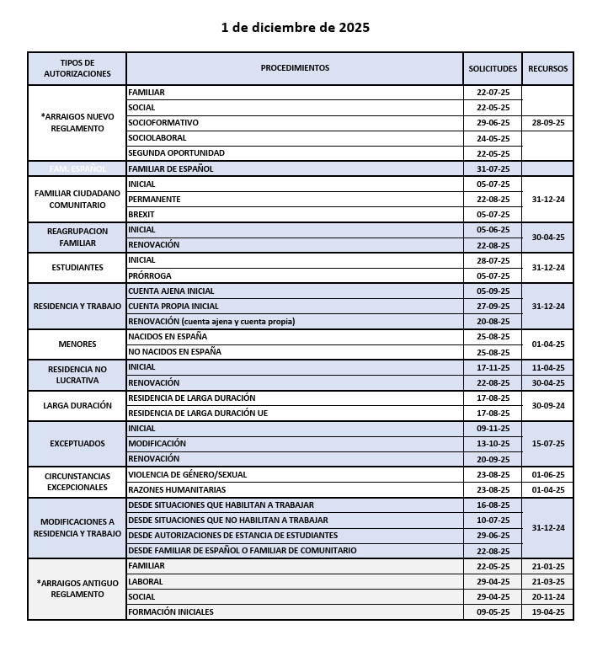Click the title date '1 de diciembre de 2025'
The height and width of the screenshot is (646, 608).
pyautogui.click(x=295, y=27)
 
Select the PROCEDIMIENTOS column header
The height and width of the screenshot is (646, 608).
pyautogui.click(x=295, y=68)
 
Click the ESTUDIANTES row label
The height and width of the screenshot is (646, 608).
pyautogui.click(x=77, y=268)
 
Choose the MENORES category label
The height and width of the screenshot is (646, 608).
pyautogui.click(x=77, y=344)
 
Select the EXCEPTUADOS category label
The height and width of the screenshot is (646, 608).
pyautogui.click(x=77, y=443)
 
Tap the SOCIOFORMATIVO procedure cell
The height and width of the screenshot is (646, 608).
pyautogui.click(x=163, y=123)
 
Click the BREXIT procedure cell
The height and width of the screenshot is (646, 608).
pyautogui.click(x=141, y=215)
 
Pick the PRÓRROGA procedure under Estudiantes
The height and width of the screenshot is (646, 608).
pyautogui.click(x=149, y=275)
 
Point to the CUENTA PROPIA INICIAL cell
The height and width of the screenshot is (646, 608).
pyautogui.click(x=173, y=307)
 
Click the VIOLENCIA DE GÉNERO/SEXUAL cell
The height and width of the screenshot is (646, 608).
pyautogui.click(x=187, y=474)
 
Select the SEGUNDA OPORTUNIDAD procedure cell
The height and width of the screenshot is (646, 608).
pyautogui.click(x=176, y=153)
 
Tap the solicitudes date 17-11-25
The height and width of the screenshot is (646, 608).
pyautogui.click(x=493, y=367)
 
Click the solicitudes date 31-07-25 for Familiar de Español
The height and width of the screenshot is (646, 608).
pyautogui.click(x=493, y=168)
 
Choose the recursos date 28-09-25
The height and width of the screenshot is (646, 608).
pyautogui.click(x=547, y=123)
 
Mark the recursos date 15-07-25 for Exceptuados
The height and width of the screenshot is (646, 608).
pyautogui.click(x=547, y=443)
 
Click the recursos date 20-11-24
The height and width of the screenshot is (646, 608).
pyautogui.click(x=547, y=596)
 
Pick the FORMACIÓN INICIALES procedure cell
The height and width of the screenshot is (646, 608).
pyautogui.click(x=171, y=611)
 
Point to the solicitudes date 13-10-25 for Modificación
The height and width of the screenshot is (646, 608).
pyautogui.click(x=493, y=443)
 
